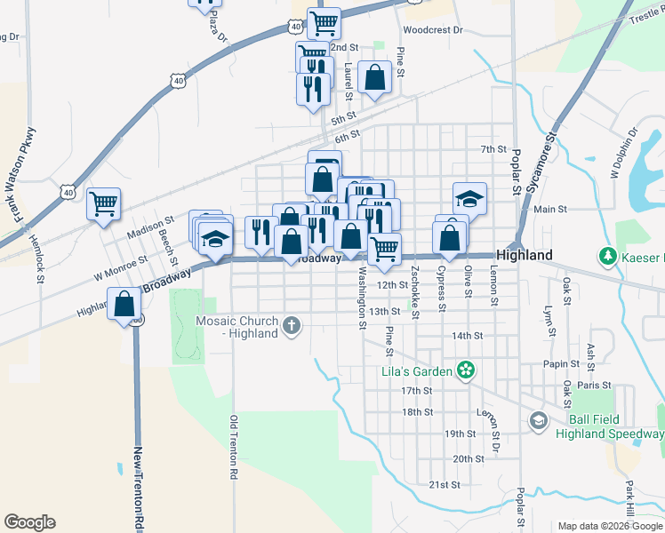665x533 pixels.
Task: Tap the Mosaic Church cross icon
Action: click(292, 326)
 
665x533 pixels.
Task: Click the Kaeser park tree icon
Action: click(608, 257)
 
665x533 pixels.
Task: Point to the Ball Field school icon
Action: click(538, 419)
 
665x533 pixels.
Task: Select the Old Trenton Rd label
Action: click(234, 449)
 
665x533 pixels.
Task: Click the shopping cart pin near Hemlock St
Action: click(103, 203)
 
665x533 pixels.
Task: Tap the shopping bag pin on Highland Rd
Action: click(124, 305)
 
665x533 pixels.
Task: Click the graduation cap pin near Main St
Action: click(470, 198)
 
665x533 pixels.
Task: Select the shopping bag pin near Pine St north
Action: click(374, 76)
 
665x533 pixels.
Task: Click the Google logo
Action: click(29, 522)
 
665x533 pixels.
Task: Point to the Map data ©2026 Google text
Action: click(609, 526)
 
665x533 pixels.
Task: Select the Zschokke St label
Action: click(416, 289)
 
